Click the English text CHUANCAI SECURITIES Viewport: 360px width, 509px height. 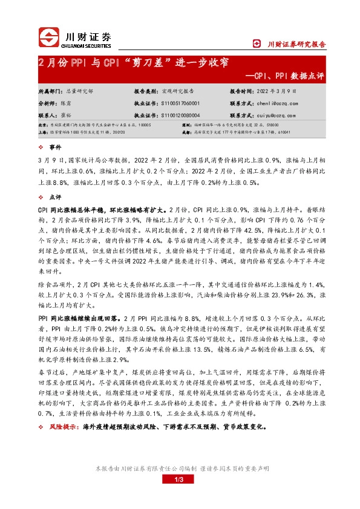(x=86, y=44)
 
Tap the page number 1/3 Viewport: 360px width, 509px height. (x=179, y=479)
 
